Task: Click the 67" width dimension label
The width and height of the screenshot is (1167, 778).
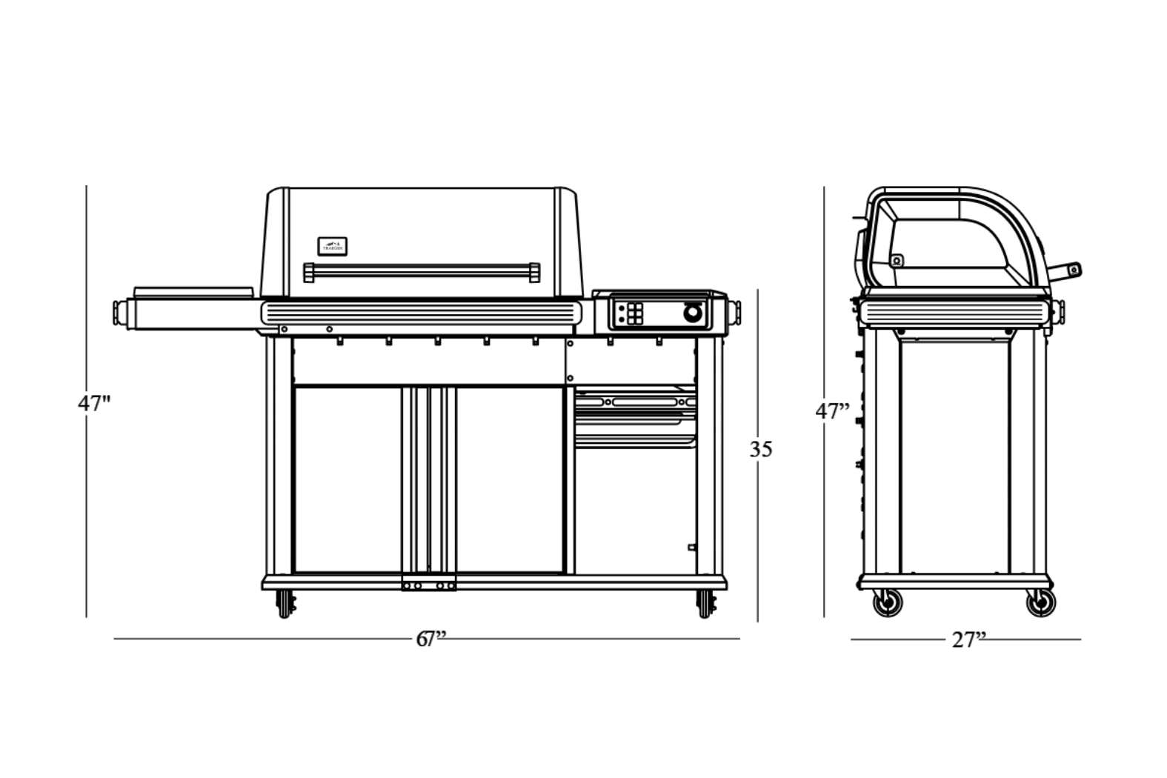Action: [x=430, y=639]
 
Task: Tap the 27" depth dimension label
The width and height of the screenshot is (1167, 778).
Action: [x=968, y=639]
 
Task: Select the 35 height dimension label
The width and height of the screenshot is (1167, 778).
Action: [x=761, y=449]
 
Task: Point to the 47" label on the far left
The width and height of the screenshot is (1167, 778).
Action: [x=94, y=404]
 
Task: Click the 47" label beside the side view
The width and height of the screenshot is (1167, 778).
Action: [x=832, y=410]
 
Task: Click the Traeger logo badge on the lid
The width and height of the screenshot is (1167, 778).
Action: [x=333, y=247]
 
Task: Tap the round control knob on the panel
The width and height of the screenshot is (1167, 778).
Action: [x=692, y=313]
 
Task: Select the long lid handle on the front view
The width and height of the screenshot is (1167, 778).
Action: [x=422, y=272]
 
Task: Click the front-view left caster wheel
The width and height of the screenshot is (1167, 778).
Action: [x=285, y=604]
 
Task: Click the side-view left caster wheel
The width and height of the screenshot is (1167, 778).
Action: [x=887, y=602]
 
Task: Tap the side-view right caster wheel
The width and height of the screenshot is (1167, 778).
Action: [x=1040, y=602]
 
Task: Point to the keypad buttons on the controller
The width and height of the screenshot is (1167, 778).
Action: [x=635, y=313]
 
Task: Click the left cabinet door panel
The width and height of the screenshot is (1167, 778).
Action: [x=348, y=479]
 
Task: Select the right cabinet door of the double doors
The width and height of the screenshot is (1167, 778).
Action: [x=510, y=479]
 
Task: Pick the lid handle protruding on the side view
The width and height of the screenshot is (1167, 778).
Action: [x=1065, y=271]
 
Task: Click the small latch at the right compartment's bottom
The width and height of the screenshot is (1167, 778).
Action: [x=692, y=548]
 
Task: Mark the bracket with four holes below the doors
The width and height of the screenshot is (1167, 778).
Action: [x=429, y=585]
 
